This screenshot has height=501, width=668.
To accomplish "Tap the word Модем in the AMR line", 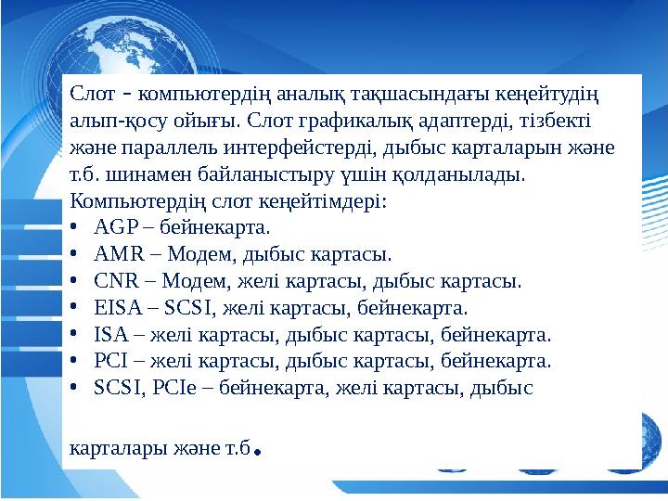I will pos(178,252).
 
